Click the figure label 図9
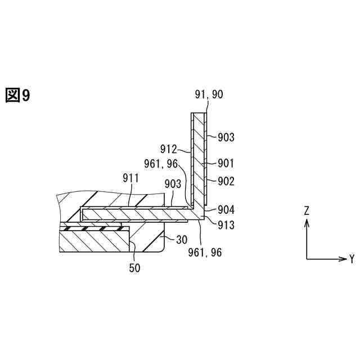coord(17,96)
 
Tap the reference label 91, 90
coord(209,94)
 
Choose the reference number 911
coord(131,178)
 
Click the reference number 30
coord(182,239)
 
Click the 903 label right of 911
coord(173,184)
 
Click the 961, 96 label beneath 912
coord(161,164)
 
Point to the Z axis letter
coord(307,210)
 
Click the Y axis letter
coord(352,259)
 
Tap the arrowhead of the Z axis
coord(307,222)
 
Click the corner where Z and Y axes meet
coord(307,259)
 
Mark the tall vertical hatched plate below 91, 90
coord(199,157)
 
